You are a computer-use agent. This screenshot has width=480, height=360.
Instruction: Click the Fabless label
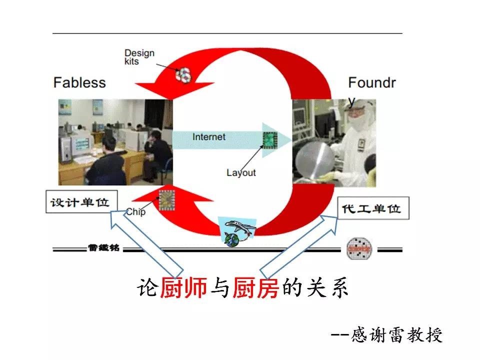79,82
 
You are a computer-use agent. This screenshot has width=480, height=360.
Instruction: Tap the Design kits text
139,56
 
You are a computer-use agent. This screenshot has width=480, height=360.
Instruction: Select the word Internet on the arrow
209,137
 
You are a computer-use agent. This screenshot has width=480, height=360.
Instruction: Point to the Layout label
241,172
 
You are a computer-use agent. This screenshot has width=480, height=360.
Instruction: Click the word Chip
136,212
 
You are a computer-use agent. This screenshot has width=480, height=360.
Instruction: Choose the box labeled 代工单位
373,207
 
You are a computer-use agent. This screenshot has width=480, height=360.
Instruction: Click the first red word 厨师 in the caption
183,288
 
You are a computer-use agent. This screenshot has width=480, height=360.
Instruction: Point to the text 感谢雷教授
397,334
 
